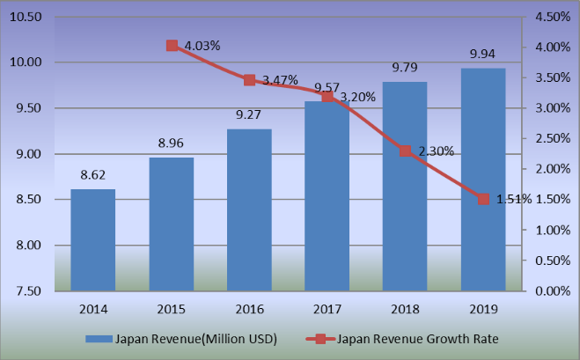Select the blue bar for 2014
point(92,239)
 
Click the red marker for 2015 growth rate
point(173,46)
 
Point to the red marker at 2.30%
point(406,151)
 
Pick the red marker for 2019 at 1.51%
point(483,199)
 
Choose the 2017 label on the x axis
point(327,309)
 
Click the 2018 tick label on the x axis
point(406,309)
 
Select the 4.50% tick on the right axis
point(553,17)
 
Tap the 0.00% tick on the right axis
point(553,290)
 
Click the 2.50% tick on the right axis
point(553,138)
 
